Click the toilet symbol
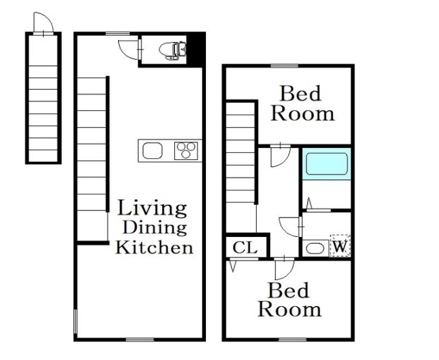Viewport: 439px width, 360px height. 173,50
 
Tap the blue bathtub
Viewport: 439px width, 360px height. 327,164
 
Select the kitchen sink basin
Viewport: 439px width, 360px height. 153,150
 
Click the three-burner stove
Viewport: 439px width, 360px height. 186,151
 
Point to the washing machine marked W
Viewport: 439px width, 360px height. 340,245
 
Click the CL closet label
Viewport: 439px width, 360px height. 245,247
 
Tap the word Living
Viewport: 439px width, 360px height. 152,208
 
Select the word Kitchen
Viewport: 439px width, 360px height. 154,247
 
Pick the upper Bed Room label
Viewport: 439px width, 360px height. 302,104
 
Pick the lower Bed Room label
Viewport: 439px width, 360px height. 289,300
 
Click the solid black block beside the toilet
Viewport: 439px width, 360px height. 196,50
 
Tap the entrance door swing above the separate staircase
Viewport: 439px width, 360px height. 44,22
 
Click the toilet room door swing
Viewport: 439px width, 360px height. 129,50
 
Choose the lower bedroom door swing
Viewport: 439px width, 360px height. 285,270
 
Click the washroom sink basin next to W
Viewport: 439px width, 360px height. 315,248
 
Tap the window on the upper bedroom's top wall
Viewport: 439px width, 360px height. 285,66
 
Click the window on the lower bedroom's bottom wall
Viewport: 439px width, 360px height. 293,340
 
